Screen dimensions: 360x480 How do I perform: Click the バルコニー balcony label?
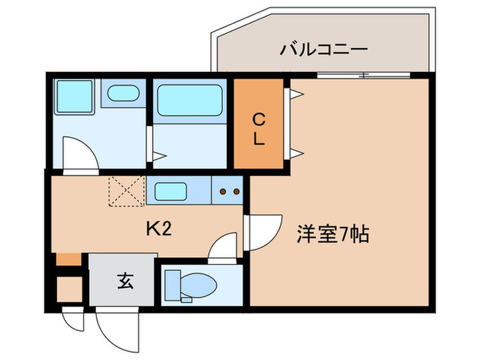(325, 50)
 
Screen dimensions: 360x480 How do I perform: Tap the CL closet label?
(259, 129)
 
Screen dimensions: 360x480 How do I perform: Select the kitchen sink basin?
(171, 191)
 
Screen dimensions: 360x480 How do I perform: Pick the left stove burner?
(223, 192)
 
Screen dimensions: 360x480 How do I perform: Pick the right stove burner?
(235, 192)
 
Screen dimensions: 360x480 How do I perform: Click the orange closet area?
(259, 123)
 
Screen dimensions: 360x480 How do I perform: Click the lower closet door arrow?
(297, 152)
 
